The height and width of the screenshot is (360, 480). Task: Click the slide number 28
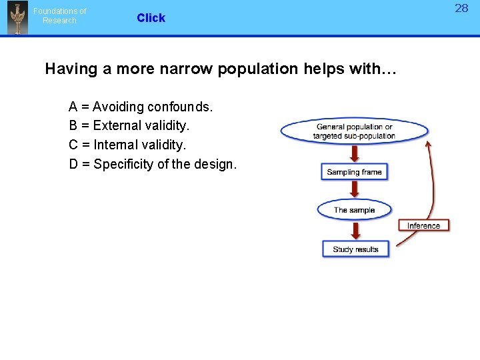[461, 9]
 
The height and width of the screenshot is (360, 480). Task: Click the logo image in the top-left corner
[17, 18]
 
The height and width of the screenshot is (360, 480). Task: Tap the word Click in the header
[151, 18]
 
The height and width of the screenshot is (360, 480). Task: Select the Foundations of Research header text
[60, 16]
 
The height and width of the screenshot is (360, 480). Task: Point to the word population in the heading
[263, 69]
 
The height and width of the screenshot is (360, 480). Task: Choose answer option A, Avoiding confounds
[141, 107]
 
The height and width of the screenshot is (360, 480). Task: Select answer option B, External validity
[129, 125]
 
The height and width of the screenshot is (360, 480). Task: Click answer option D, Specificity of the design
[153, 164]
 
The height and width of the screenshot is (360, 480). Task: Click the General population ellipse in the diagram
[354, 131]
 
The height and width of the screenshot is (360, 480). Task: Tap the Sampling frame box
[354, 172]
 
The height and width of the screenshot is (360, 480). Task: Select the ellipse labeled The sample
[354, 210]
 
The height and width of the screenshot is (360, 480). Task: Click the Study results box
[355, 249]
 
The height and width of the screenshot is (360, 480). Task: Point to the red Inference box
[423, 225]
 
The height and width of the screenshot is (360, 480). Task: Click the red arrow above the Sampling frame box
[355, 153]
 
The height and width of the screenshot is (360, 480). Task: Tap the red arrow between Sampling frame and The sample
[355, 190]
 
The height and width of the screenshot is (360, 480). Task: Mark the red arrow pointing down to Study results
[355, 230]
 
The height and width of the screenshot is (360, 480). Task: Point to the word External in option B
[115, 125]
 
